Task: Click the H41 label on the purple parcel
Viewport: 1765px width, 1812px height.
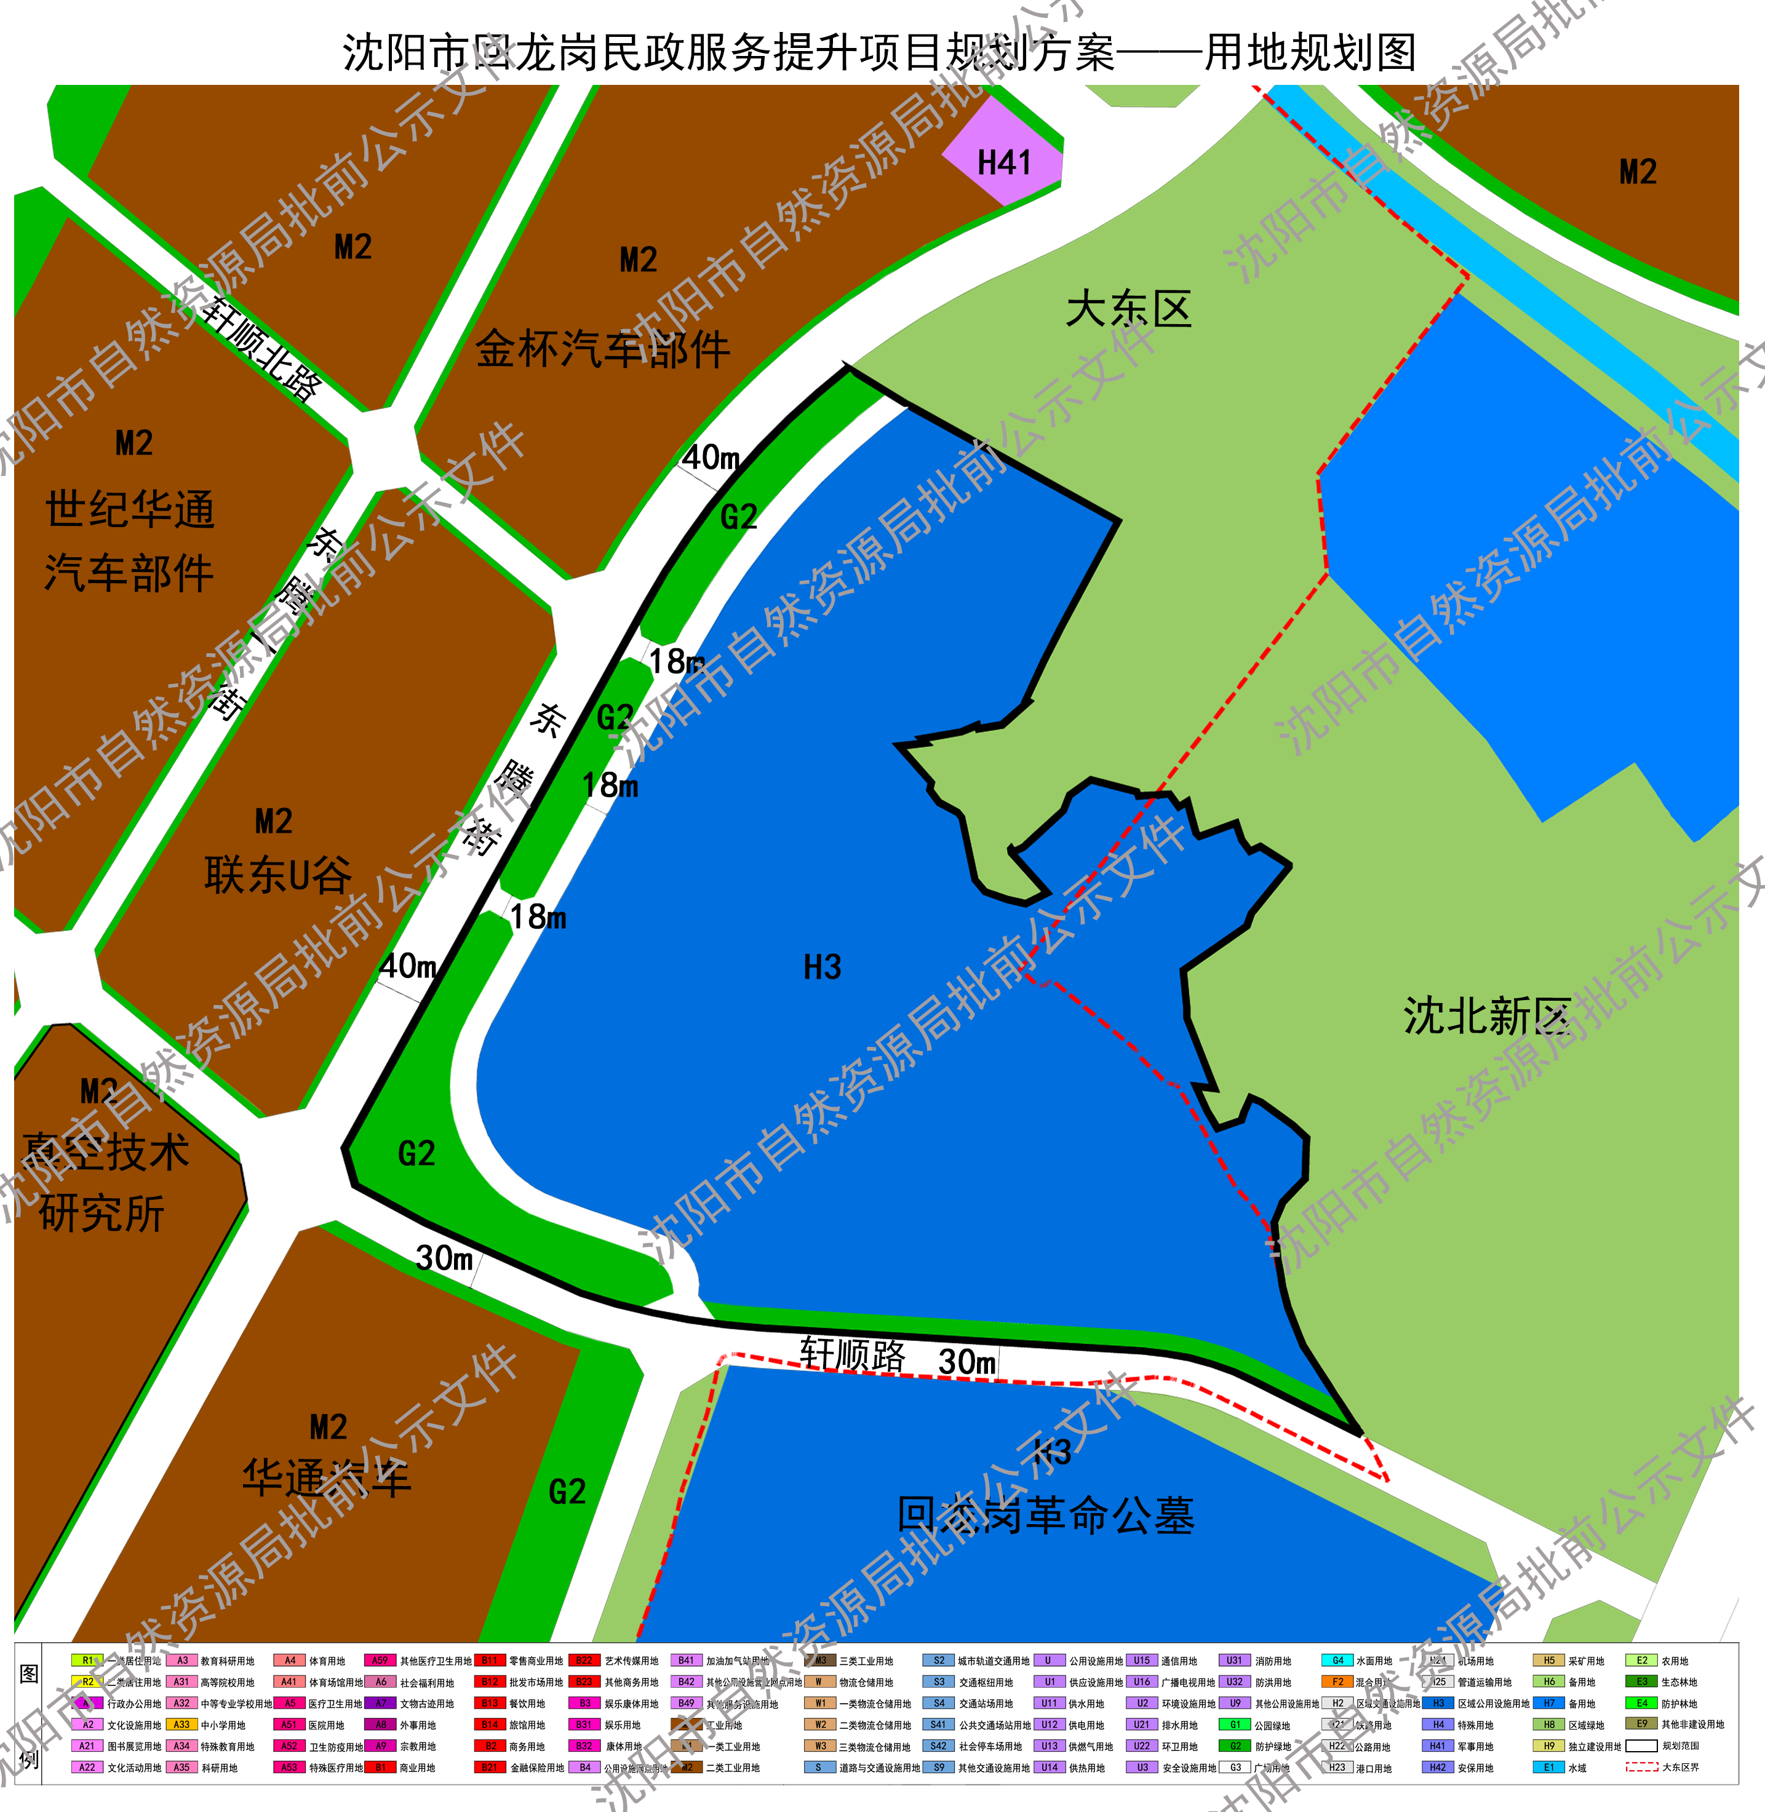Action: (1004, 163)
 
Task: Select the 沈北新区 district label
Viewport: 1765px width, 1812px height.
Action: (1486, 1017)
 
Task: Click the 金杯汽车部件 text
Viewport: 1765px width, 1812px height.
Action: (602, 349)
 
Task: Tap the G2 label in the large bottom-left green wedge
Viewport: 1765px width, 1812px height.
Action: (416, 1153)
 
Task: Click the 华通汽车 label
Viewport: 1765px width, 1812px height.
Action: (326, 1479)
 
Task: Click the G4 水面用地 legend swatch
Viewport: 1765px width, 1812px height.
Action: (1337, 1660)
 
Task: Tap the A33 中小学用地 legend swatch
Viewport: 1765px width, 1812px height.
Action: (181, 1724)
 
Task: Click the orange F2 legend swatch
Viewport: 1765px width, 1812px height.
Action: (1337, 1682)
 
